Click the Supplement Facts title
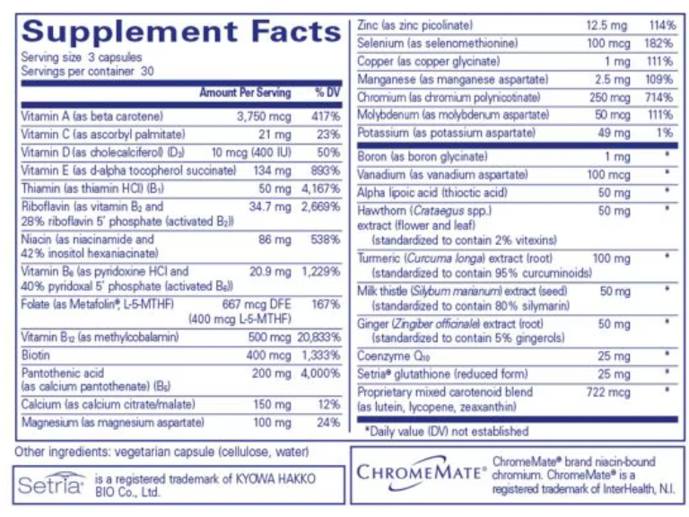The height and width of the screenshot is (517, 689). click(180, 31)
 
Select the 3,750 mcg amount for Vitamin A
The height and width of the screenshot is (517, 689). click(264, 117)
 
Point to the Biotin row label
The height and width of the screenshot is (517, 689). click(37, 355)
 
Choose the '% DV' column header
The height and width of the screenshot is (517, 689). click(327, 92)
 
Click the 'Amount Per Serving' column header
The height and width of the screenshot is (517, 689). click(245, 92)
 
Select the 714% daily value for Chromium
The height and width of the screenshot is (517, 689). click(661, 97)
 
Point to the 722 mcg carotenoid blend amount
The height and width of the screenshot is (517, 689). click(607, 392)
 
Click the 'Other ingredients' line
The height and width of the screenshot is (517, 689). click(162, 451)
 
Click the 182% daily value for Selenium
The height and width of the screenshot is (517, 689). click(661, 43)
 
